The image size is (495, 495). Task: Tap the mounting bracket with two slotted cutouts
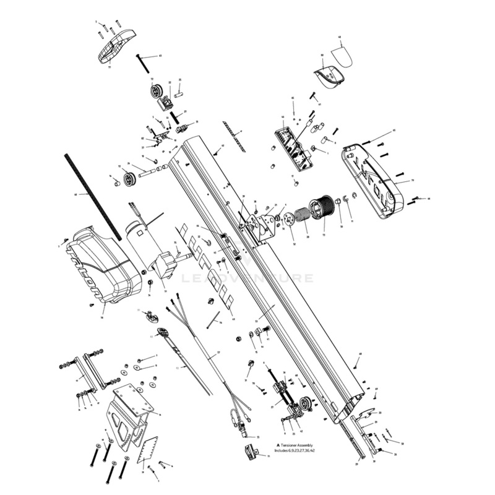pyautogui.click(x=128, y=415)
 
